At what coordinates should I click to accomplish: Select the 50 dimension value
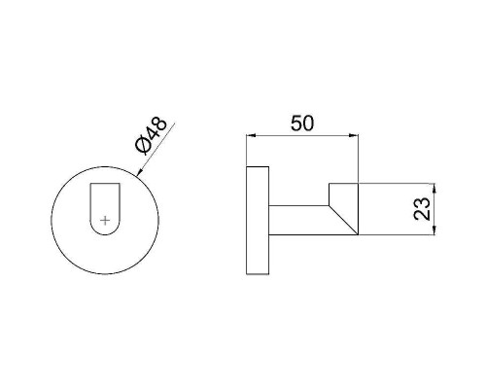click(302, 124)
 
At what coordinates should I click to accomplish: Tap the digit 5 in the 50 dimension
click(295, 124)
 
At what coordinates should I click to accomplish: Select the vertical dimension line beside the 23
click(434, 208)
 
